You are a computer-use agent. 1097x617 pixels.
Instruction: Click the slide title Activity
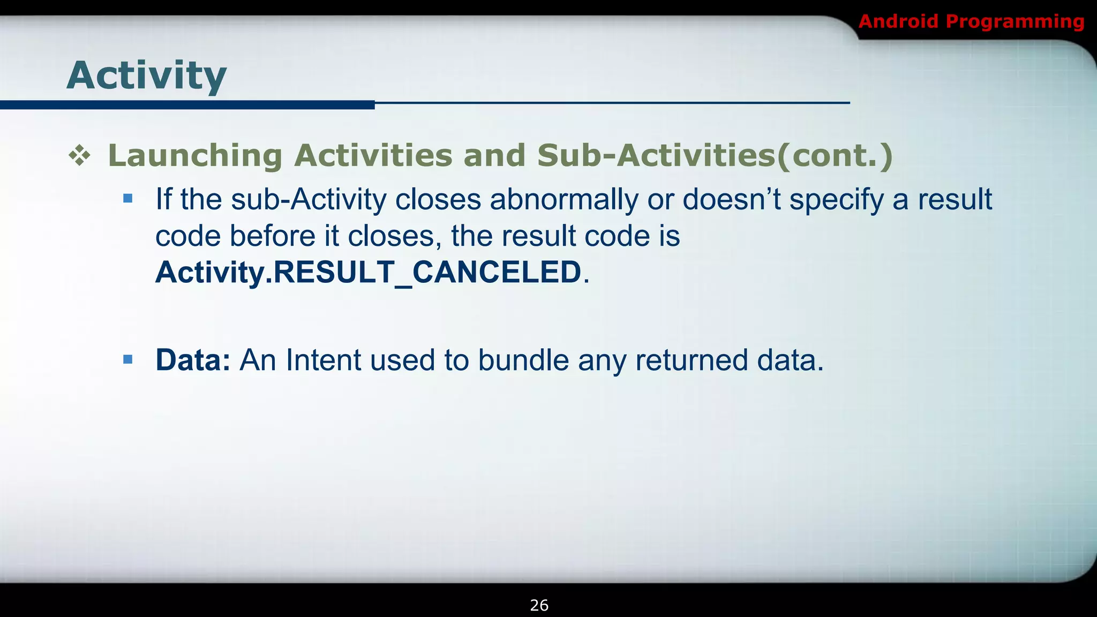click(146, 76)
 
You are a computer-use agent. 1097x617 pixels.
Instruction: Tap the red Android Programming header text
click(971, 21)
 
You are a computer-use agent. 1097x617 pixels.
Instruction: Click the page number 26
click(539, 605)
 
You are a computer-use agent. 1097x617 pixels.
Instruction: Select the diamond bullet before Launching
click(79, 156)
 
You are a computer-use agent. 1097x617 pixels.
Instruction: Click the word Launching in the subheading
click(195, 156)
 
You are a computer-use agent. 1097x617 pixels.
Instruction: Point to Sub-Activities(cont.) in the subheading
click(715, 156)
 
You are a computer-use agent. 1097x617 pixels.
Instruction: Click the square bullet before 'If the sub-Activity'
click(127, 199)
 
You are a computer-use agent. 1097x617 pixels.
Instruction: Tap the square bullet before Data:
click(127, 359)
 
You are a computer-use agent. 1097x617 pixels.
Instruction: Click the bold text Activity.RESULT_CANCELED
click(368, 272)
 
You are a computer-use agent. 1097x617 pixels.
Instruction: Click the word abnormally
click(563, 199)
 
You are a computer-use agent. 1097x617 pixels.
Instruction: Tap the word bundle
click(523, 360)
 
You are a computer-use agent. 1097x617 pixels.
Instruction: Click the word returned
click(692, 360)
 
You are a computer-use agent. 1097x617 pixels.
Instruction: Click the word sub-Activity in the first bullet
click(309, 199)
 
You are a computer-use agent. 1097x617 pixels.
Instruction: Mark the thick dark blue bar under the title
click(187, 105)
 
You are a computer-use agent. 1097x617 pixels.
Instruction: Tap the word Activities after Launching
click(373, 156)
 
